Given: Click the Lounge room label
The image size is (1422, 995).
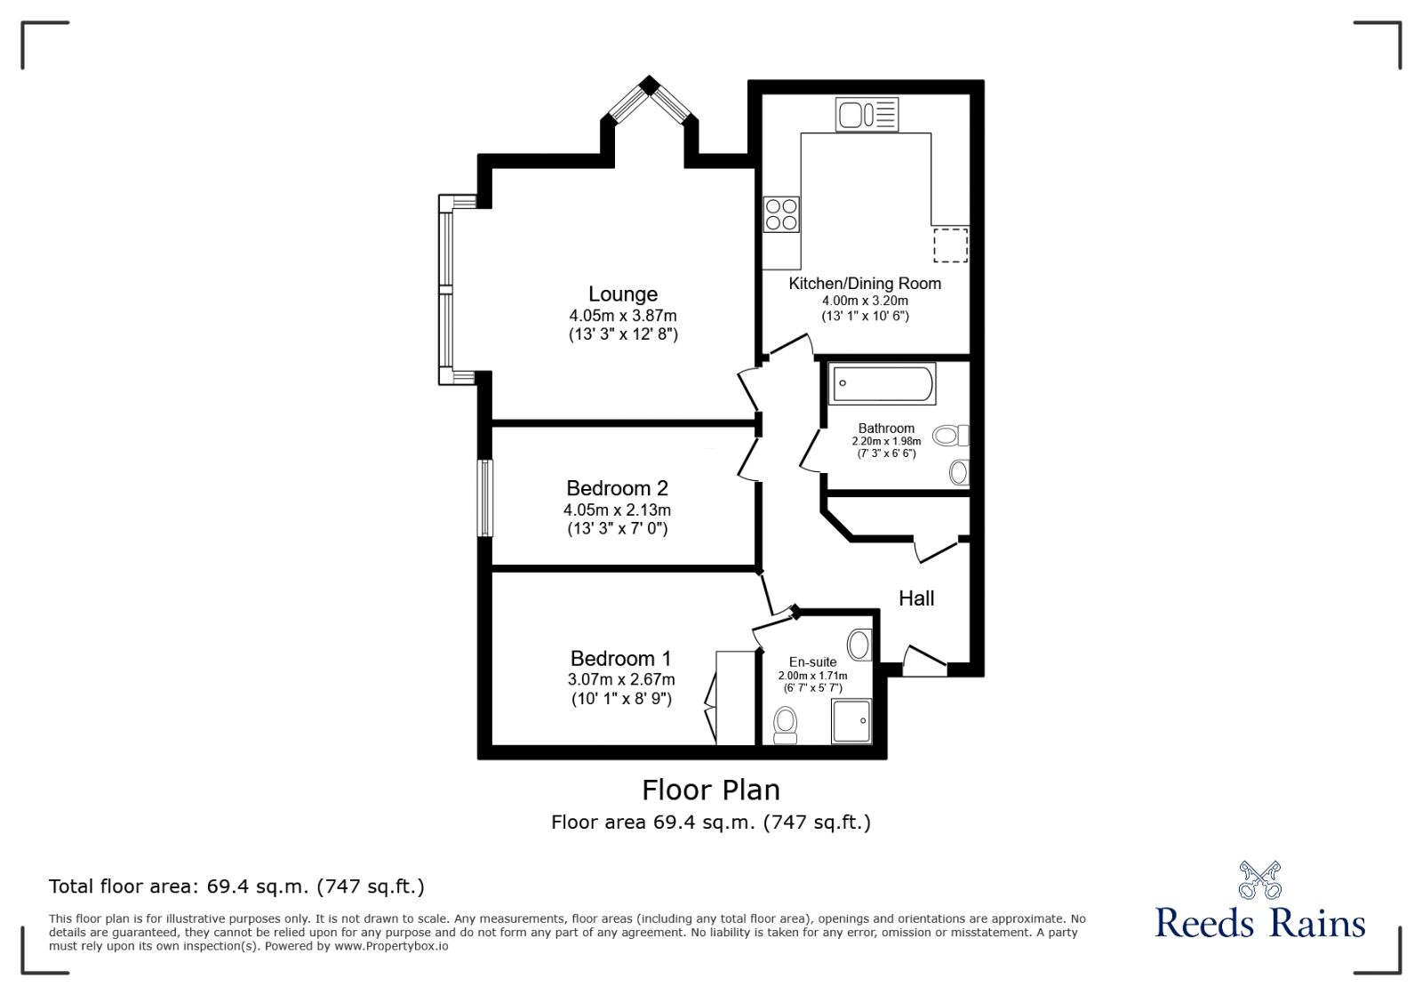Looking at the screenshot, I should click(622, 294).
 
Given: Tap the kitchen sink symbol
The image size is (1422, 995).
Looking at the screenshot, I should click(867, 115).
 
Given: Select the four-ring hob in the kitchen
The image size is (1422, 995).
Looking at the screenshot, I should click(781, 214).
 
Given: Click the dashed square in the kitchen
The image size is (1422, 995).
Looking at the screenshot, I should click(950, 245).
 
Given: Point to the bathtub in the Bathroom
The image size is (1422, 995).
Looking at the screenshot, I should click(882, 384).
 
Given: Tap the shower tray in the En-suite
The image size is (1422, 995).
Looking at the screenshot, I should click(851, 721).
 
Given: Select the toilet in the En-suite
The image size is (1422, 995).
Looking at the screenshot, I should click(786, 724).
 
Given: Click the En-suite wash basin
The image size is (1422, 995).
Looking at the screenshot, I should click(859, 644).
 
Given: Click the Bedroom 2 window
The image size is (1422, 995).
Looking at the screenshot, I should click(484, 498).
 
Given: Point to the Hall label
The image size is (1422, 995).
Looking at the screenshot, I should click(916, 598).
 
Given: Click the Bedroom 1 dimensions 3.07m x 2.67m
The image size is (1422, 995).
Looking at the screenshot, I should click(621, 679).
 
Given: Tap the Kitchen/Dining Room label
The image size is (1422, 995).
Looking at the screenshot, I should click(865, 284).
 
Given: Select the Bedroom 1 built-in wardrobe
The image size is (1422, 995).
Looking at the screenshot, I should click(734, 698).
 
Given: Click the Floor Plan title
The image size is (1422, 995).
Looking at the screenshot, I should click(711, 790).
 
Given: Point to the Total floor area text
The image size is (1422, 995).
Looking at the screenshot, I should click(236, 887).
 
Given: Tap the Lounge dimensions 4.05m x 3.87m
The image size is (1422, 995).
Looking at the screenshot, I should click(623, 316).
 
